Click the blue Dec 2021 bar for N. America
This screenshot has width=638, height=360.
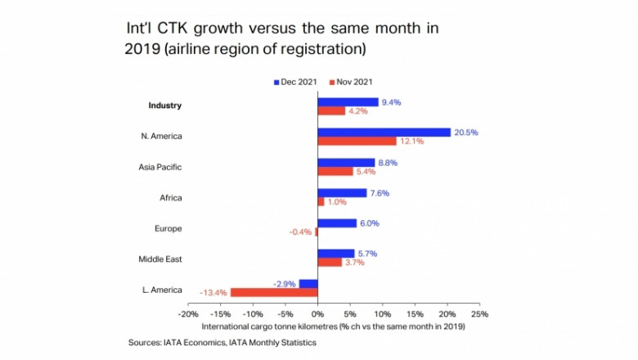[x=384, y=132]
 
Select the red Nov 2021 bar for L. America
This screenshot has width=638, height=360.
[x=274, y=292]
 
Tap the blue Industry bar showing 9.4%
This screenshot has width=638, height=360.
[x=348, y=101]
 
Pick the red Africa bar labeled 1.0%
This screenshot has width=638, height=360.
[x=321, y=201]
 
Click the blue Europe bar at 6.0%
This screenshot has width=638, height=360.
[x=337, y=223]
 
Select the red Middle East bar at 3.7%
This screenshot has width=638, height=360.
[x=330, y=263]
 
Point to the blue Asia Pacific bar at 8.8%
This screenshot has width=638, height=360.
[x=346, y=163]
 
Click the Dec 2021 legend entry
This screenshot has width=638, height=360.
[x=296, y=82]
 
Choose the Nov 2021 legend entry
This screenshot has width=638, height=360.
[x=353, y=82]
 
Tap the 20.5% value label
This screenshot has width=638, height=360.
[x=467, y=132]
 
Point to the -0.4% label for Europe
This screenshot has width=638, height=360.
[x=300, y=232]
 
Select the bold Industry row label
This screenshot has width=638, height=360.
[x=164, y=106]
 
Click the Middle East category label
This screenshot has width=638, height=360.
[x=159, y=259]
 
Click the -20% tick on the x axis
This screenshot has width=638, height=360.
[x=187, y=314]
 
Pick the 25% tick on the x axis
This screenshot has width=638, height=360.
[x=479, y=314]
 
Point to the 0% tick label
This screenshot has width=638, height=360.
[x=317, y=314]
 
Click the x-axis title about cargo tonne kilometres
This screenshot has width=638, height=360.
[x=334, y=326]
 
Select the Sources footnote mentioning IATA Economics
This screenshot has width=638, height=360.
[x=222, y=343]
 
